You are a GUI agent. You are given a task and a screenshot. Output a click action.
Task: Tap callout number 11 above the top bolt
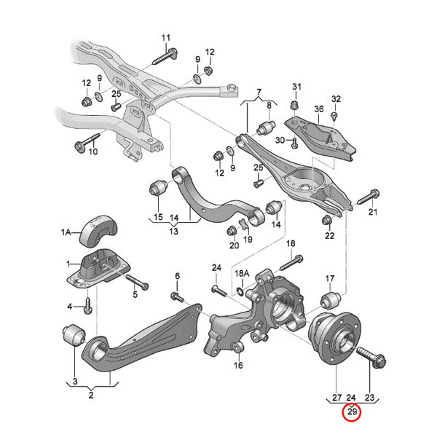click(165, 38)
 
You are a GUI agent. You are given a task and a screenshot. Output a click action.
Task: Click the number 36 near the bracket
click(318, 109)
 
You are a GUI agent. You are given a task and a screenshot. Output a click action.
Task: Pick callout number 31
click(296, 87)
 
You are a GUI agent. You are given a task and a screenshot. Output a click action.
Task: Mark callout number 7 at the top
click(258, 92)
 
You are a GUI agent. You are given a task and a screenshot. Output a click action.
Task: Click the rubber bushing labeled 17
click(328, 299)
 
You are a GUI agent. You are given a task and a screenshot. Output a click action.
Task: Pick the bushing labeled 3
click(74, 337)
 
